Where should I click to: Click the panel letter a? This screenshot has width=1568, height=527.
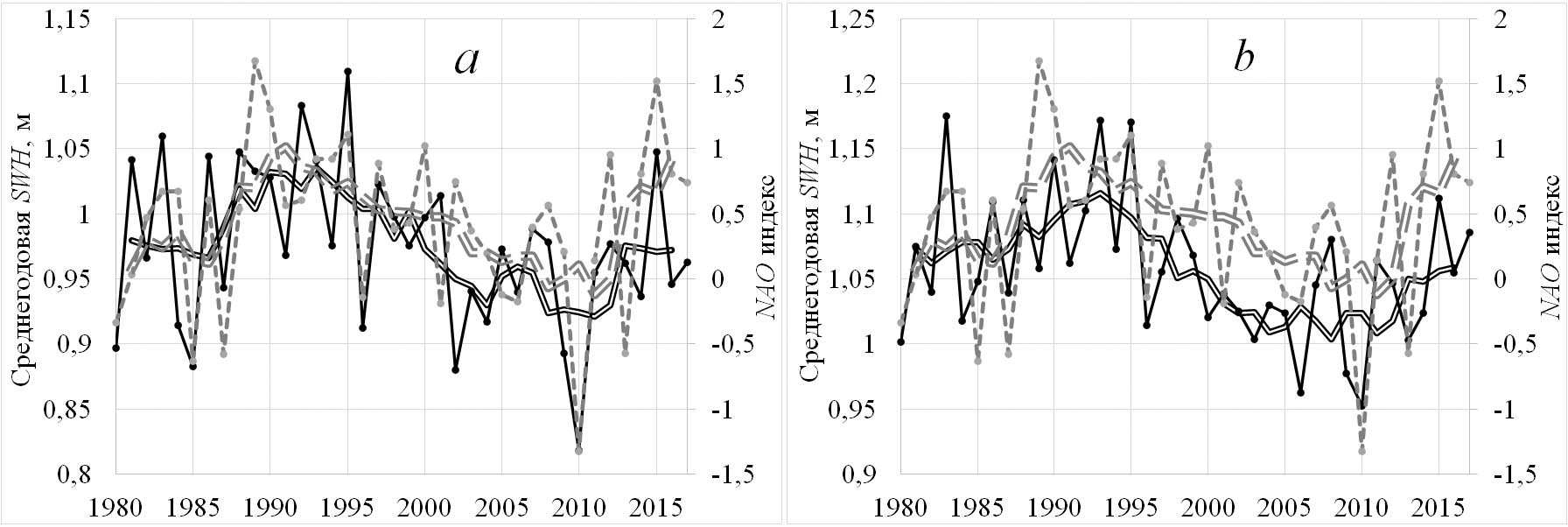tap(466, 59)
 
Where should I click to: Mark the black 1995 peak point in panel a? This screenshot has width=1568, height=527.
tap(347, 71)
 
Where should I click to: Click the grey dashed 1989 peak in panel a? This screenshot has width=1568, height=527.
tap(255, 61)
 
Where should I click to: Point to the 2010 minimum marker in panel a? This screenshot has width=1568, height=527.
tap(578, 450)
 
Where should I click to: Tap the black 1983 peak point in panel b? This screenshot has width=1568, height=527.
tap(946, 116)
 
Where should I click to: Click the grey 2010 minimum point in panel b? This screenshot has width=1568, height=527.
tap(1361, 451)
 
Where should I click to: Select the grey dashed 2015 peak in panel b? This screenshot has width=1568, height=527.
tap(1438, 81)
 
